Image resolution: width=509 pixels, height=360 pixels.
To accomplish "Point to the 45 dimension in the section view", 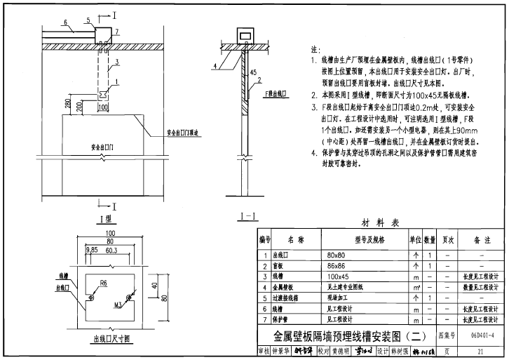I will click(253, 72).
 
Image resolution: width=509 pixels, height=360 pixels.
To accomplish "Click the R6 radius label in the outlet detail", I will click(102, 282).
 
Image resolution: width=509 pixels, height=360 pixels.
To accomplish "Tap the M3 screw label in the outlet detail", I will click(119, 305).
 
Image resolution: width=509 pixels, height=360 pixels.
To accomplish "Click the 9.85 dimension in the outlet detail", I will click(91, 249).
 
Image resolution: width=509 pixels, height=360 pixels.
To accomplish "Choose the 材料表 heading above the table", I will click(380, 222).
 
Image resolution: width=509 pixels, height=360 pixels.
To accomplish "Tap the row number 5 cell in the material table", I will click(265, 298).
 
